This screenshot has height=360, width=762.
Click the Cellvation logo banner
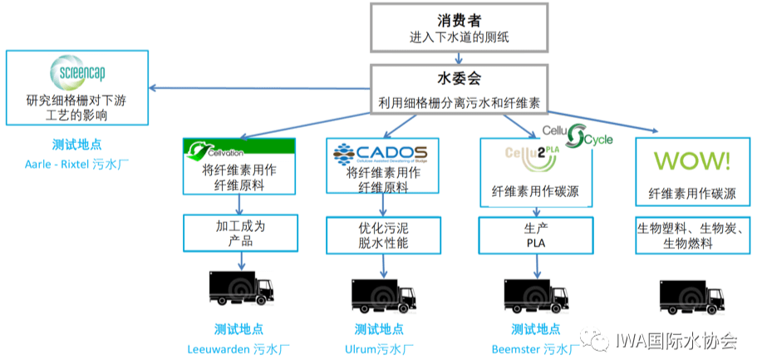pos(238,148)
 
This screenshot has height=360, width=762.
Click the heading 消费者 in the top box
pos(459,19)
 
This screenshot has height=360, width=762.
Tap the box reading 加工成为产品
pos(238,233)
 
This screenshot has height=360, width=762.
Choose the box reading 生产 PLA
pos(536,234)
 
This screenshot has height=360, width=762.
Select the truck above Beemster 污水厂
pos(537,288)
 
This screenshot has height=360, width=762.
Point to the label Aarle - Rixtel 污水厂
pos(76,164)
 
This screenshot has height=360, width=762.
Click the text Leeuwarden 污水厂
pos(239,348)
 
